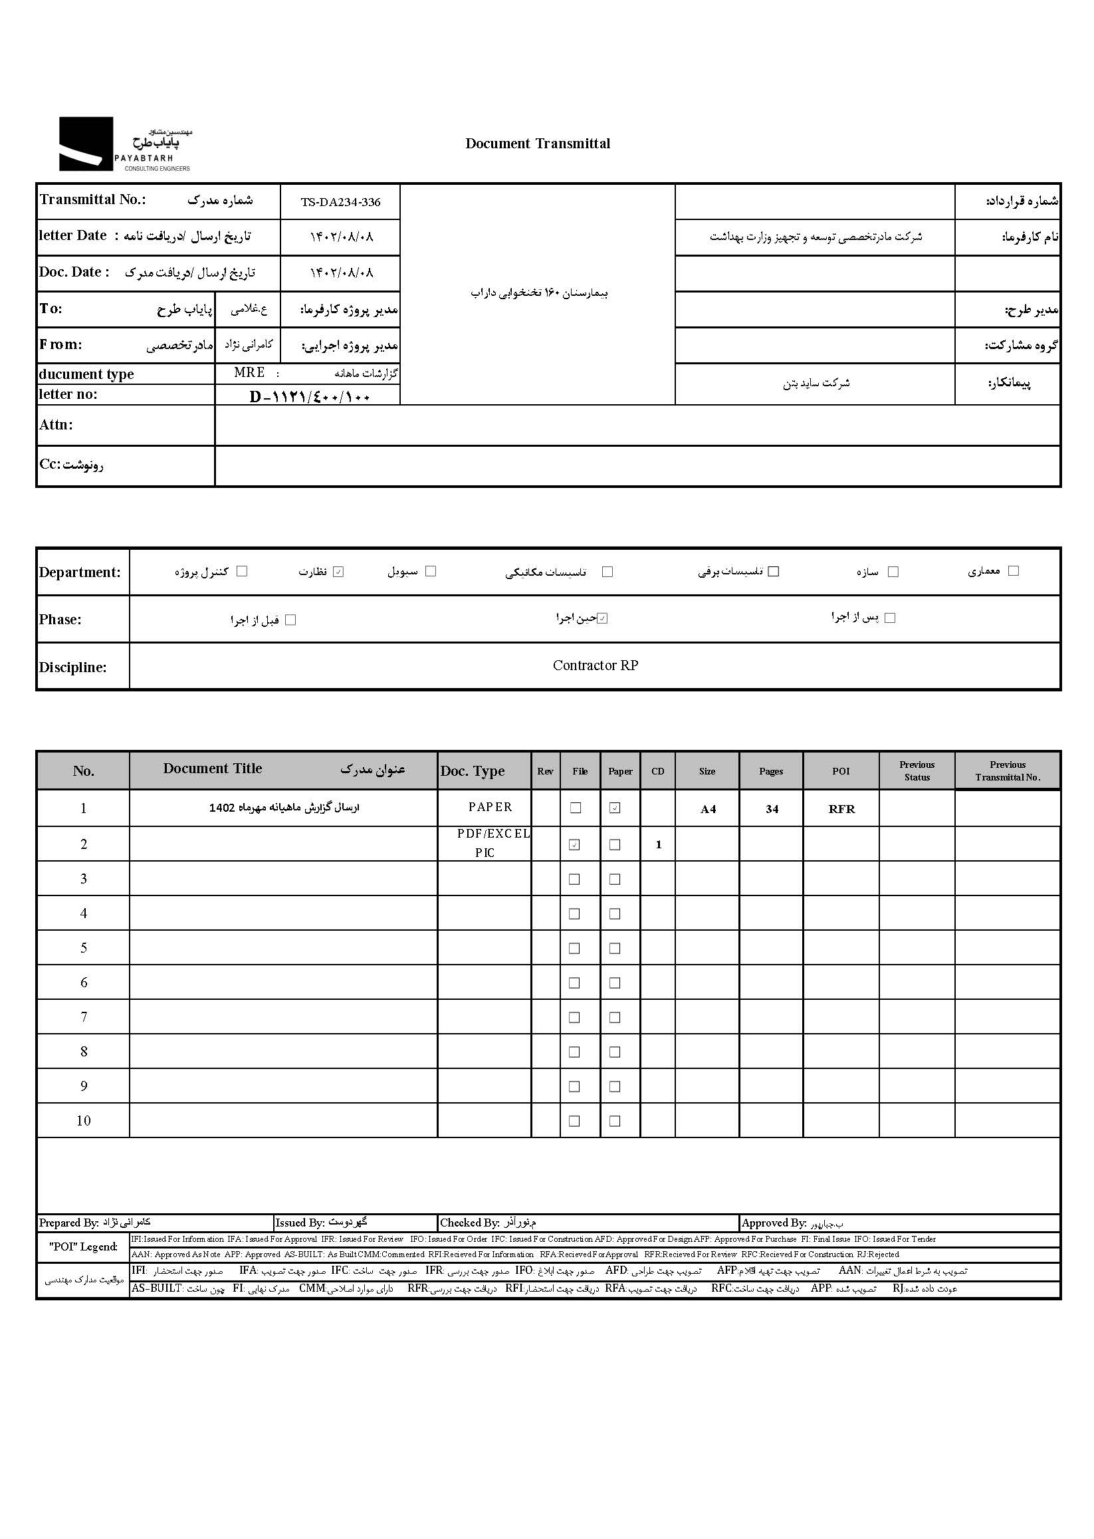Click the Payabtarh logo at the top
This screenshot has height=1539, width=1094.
tap(125, 144)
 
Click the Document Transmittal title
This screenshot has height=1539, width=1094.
tap(538, 144)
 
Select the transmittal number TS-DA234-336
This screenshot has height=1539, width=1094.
tap(340, 202)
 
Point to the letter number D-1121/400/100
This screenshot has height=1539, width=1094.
tap(310, 397)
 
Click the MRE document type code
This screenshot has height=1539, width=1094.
tap(249, 373)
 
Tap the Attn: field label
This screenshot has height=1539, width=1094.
tap(56, 425)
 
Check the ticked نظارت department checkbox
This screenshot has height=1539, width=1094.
tap(338, 572)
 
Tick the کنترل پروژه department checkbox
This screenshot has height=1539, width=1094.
tap(242, 570)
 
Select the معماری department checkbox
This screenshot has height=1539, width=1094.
tap(1013, 570)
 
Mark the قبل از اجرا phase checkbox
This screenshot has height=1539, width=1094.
tap(291, 620)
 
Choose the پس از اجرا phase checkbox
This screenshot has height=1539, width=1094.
tap(890, 618)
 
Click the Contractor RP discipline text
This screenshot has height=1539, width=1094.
tap(595, 665)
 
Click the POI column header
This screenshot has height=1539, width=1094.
tap(841, 771)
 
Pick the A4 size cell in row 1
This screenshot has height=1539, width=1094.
tap(707, 809)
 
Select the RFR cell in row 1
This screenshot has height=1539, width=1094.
tap(841, 809)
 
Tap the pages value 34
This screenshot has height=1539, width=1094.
tap(772, 809)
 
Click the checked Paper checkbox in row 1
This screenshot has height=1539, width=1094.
tap(615, 808)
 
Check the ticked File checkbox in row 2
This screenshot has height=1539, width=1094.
tap(575, 844)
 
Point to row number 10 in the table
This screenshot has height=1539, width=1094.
tap(84, 1121)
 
